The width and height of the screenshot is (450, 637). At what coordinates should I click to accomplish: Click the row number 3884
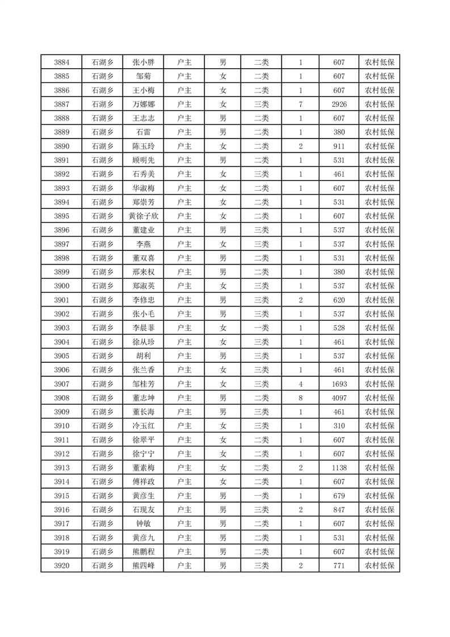(x=62, y=62)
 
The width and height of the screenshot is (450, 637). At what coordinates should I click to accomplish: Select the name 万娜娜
(x=143, y=104)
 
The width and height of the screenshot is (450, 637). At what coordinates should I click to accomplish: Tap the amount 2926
(x=339, y=104)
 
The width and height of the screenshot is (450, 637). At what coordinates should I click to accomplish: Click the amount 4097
(x=339, y=398)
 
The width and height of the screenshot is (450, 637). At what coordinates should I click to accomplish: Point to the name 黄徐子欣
(x=143, y=216)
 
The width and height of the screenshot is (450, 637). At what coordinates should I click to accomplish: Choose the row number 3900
(x=62, y=286)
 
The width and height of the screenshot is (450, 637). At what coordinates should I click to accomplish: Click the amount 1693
(x=339, y=384)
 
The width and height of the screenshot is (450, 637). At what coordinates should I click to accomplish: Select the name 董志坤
(x=143, y=398)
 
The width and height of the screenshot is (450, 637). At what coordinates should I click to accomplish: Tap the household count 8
(x=300, y=398)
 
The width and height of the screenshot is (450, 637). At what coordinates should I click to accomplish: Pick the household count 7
(x=300, y=104)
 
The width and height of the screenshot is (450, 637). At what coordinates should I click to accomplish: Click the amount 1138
(x=339, y=468)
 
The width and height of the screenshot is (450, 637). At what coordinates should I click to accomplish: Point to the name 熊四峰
(x=143, y=565)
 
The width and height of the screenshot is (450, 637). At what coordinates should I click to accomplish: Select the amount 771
(x=339, y=565)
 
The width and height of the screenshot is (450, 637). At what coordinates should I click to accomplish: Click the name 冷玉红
(x=143, y=426)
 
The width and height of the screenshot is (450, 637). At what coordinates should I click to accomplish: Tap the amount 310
(x=339, y=426)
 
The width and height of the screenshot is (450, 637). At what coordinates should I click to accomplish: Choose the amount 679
(x=339, y=496)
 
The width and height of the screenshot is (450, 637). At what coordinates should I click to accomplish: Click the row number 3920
(x=62, y=565)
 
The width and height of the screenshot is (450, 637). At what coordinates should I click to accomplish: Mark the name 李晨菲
(x=143, y=328)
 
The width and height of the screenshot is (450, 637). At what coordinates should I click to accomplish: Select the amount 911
(x=339, y=146)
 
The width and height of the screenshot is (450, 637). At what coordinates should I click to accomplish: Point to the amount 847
(x=339, y=510)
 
